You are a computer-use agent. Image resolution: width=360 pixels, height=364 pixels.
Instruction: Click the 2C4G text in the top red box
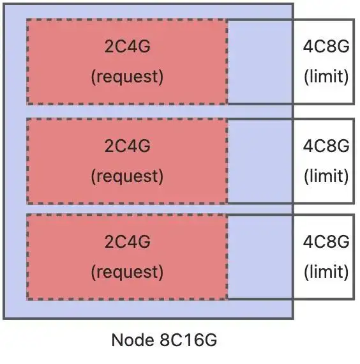coord(128,46)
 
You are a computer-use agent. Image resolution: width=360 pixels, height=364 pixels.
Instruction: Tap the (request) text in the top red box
coord(127,77)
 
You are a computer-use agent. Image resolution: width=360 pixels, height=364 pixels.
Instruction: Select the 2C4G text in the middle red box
coord(128,146)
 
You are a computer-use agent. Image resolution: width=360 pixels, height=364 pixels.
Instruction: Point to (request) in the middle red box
coord(127,176)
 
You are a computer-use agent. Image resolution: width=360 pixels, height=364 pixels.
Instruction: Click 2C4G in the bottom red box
coord(128,241)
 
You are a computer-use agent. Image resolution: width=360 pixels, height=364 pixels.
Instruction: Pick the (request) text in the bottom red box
coord(127,272)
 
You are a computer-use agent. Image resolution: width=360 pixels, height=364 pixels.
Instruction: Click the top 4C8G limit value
coord(326,46)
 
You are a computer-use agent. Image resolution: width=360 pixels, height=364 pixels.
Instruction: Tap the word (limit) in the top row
coord(326,77)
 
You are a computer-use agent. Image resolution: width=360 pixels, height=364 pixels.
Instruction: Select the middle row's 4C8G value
coord(326,146)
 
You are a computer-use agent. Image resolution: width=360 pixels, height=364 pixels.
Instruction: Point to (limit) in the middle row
coord(326,176)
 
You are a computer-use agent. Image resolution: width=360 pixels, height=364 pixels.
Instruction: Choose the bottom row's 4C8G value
coord(326,241)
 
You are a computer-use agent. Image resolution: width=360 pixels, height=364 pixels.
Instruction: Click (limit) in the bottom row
coord(326,272)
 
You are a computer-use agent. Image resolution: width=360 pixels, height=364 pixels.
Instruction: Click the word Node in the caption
coord(133,340)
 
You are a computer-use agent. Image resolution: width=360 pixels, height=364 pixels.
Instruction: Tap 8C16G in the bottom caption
coord(188,340)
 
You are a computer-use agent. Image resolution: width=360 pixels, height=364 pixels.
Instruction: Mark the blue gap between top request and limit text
coord(260,62)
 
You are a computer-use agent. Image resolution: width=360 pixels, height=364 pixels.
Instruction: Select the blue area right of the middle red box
coord(260,162)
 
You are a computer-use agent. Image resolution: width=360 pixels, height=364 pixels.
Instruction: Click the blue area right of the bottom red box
coord(260,257)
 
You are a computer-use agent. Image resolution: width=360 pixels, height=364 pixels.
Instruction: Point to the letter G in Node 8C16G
coord(210,340)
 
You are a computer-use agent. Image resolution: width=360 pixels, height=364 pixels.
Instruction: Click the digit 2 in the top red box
coord(109,46)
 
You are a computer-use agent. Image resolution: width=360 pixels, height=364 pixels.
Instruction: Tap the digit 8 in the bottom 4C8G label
coord(331,241)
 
